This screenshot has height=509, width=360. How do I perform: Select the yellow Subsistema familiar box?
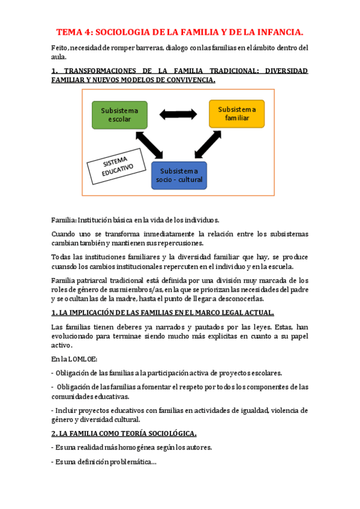236,114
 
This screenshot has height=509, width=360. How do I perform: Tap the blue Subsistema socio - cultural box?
179,175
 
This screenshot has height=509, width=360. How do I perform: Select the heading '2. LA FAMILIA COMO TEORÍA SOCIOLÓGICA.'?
124,433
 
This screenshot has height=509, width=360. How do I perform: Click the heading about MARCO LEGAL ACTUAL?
163,313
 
